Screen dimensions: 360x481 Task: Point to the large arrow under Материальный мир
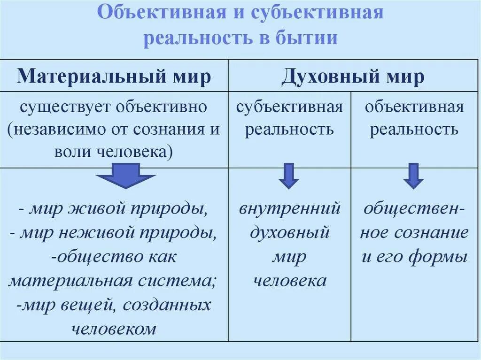(125, 176)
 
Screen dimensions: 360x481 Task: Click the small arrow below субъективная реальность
(288, 176)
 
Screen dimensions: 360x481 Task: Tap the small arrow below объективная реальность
(413, 176)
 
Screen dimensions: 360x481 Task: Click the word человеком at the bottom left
(114, 329)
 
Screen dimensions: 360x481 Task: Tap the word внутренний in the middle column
(289, 208)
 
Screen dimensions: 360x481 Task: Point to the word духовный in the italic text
(289, 232)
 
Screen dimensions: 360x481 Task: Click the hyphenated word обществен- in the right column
(414, 208)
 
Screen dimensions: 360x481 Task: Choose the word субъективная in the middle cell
(289, 107)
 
